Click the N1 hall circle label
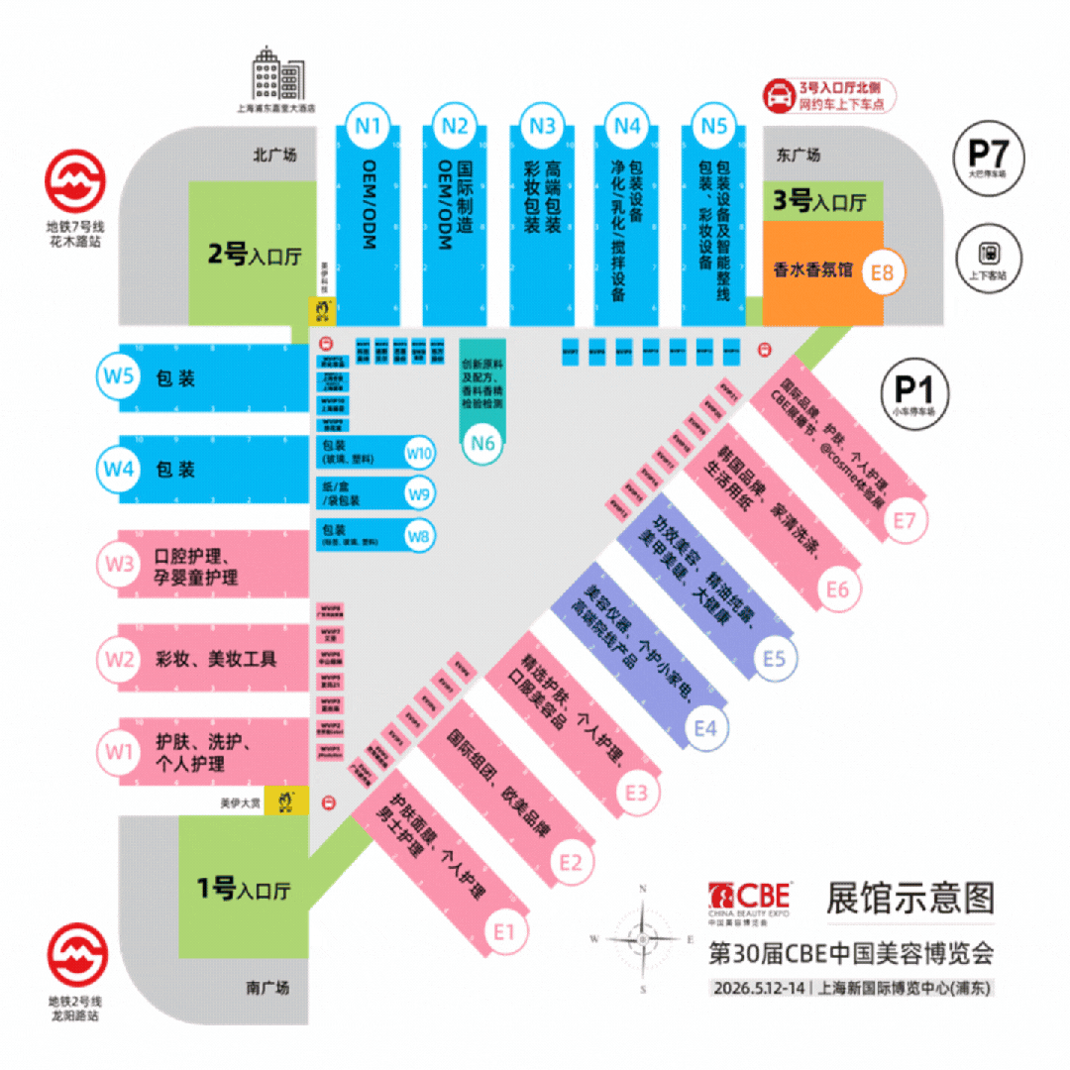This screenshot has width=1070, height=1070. click(x=369, y=126)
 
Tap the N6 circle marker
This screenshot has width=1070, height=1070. click(x=482, y=443)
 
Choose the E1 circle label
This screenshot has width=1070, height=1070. click(x=505, y=930)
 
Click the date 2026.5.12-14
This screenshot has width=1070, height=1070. click(x=759, y=988)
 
